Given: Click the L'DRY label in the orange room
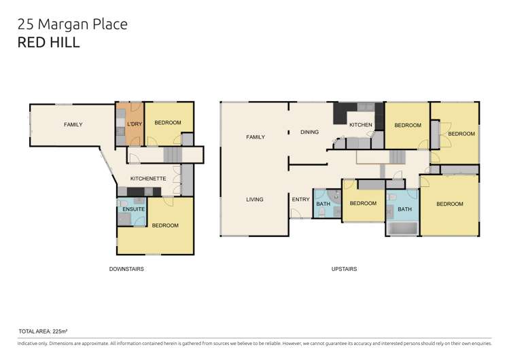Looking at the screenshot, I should pos(134,125).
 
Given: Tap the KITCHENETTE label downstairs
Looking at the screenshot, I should pos(149,179).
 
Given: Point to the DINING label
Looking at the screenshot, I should pos(309,132).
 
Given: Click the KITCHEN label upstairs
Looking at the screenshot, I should pos(360,125).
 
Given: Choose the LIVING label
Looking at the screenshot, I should pos(255,200).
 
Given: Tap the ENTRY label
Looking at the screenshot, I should pos(300,200).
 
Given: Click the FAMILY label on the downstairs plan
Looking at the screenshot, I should pos(73,125).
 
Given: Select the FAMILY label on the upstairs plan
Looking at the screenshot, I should pos(256,137).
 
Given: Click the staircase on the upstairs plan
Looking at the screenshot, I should pos(396,158).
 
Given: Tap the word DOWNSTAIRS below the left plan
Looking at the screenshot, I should pos(126,269).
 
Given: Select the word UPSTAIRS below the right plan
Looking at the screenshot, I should pos(345,269).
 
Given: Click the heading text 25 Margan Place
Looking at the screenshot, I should pos(71,25).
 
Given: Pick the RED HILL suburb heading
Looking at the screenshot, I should pos(48,43).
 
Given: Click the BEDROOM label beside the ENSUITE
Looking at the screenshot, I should pos(165,226).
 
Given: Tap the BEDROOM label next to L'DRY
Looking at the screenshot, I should pos(167,123).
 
